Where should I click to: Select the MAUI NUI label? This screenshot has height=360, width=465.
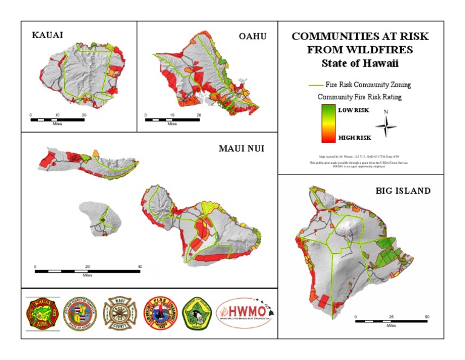pos(242,148)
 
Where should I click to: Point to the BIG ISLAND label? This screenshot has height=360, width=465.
pos(403,191)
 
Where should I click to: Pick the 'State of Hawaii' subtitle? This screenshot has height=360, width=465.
pos(360,63)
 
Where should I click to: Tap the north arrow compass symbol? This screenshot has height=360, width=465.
pos(386,125)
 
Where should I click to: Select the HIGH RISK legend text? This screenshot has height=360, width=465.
pos(355,138)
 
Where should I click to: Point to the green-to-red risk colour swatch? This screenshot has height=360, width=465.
pos(328,123)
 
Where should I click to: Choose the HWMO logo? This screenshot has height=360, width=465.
pos(243,313)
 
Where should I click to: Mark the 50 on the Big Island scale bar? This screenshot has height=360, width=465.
pos(427,317)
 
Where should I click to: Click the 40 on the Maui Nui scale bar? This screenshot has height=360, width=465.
pos(140,267)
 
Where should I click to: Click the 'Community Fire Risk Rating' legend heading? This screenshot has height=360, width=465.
pos(360,96)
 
